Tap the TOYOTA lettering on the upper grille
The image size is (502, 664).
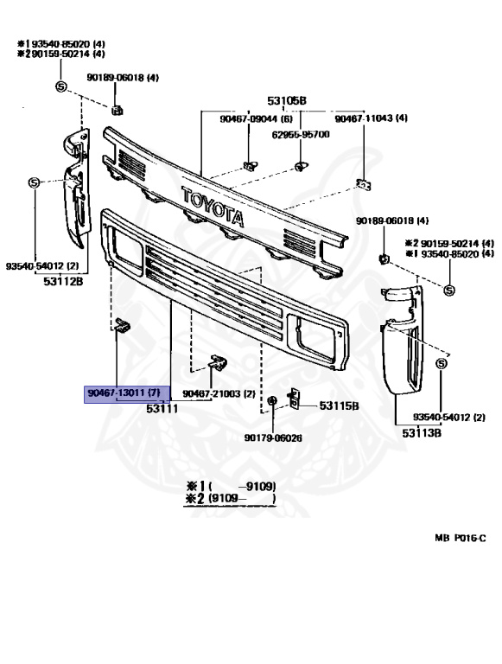click(213, 207)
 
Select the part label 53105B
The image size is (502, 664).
click(287, 101)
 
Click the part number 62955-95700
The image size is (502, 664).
click(301, 135)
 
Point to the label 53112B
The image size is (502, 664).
click(63, 281)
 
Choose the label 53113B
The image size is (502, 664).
click(422, 433)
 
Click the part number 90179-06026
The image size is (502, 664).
click(273, 437)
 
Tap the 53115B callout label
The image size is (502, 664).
click(339, 405)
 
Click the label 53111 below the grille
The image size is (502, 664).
click(162, 409)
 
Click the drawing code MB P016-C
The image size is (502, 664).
click(461, 538)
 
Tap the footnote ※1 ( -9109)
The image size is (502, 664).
click(231, 486)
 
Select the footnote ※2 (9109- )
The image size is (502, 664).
click(231, 498)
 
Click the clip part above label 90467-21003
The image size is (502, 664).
click(218, 362)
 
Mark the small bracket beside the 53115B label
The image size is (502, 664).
click(294, 398)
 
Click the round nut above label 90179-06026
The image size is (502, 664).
click(272, 400)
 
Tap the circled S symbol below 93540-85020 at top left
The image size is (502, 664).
click(61, 86)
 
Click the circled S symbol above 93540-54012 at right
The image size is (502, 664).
click(441, 364)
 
